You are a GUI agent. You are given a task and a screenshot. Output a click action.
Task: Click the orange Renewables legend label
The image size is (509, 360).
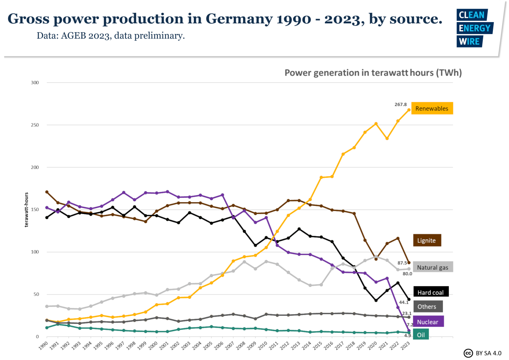click(432, 109)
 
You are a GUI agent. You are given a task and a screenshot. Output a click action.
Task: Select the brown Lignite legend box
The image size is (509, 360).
click(427, 240)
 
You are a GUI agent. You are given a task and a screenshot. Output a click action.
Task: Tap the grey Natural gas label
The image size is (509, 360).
click(433, 267)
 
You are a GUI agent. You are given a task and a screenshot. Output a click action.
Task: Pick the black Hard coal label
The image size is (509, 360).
click(431, 292)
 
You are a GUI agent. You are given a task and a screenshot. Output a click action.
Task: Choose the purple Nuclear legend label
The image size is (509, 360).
click(428, 321)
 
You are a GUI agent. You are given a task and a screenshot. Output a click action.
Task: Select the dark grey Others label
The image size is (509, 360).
click(427, 307)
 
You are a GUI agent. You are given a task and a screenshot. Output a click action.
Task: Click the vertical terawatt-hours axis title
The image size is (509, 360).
click(26, 209)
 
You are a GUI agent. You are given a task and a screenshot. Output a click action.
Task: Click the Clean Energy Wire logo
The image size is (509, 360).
click(474, 28)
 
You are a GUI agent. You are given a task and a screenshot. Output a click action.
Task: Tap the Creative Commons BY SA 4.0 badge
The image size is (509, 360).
click(483, 353)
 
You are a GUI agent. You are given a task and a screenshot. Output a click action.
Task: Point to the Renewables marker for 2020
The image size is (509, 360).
click(376, 124)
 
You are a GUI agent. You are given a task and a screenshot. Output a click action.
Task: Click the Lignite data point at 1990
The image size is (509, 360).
click(47, 192)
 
